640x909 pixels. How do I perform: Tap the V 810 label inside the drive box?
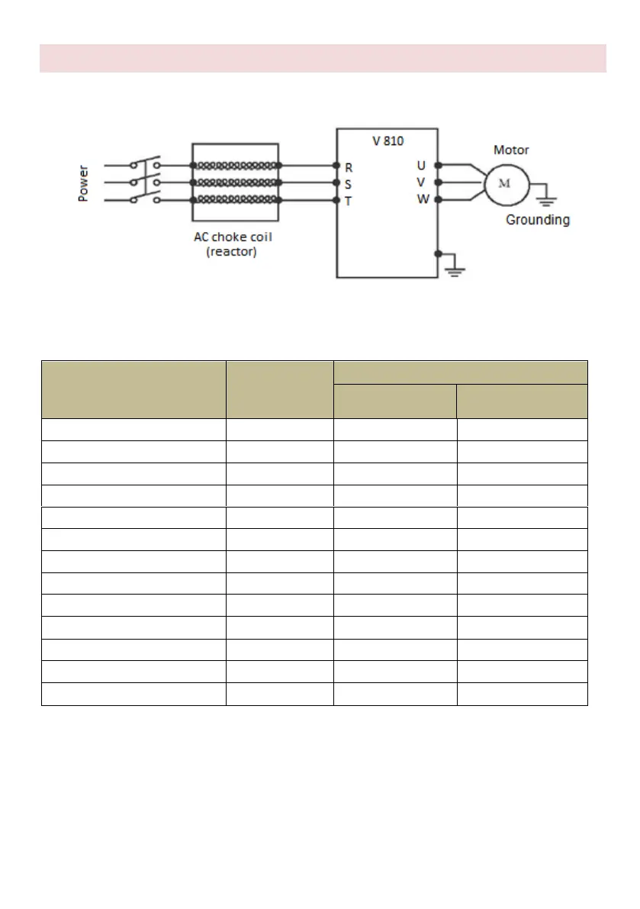point(388,141)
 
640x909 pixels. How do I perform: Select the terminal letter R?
point(349,166)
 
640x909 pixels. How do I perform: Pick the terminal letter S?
point(349,183)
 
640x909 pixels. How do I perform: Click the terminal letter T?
point(349,201)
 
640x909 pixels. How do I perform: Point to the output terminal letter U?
point(421,165)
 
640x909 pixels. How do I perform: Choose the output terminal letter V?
point(421,182)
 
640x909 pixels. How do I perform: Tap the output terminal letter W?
point(422,200)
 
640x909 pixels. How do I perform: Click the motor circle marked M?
point(502,183)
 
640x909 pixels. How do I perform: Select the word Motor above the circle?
point(511,150)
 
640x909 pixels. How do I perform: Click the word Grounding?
point(538,220)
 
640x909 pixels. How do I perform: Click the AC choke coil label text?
point(233,237)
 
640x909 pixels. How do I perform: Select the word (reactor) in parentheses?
point(233,251)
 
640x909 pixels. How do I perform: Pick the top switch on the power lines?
point(146,163)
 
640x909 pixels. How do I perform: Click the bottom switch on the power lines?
point(146,198)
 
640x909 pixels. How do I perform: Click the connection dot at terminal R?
point(336,165)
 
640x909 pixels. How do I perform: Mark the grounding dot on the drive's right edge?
point(438,253)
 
